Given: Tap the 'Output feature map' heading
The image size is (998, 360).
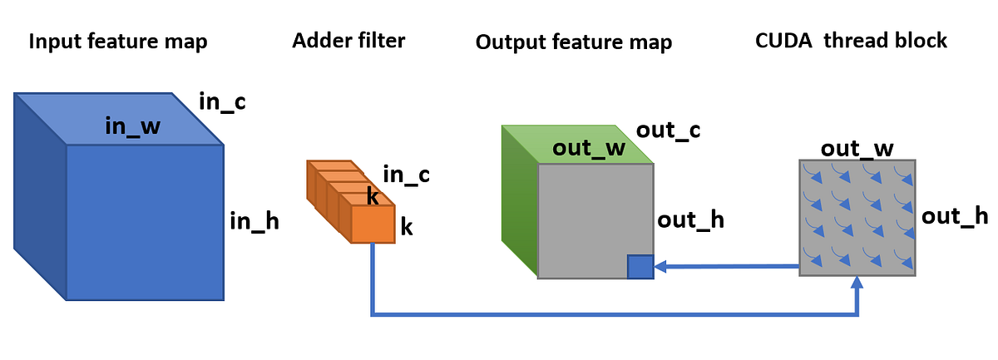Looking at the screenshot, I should click(x=574, y=42).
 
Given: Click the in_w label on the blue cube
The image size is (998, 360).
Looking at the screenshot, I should click(x=132, y=126).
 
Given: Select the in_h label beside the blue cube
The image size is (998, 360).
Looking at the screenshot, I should click(x=254, y=221).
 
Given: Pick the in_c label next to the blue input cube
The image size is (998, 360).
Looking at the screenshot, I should click(x=222, y=102).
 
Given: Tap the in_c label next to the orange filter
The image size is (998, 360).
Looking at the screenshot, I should click(x=406, y=175).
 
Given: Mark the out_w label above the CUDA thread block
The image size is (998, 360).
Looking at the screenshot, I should click(x=857, y=149).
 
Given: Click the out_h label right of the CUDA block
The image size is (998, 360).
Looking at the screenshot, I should click(x=955, y=216).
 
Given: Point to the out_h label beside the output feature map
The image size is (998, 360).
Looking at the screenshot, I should click(x=690, y=220).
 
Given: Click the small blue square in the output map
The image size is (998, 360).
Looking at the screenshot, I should click(x=640, y=267).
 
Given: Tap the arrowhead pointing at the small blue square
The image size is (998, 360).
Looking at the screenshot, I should click(x=661, y=267).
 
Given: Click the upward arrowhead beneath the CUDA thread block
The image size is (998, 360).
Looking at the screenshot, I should click(x=857, y=285).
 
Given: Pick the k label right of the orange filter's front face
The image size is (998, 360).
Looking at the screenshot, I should click(x=407, y=227).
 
